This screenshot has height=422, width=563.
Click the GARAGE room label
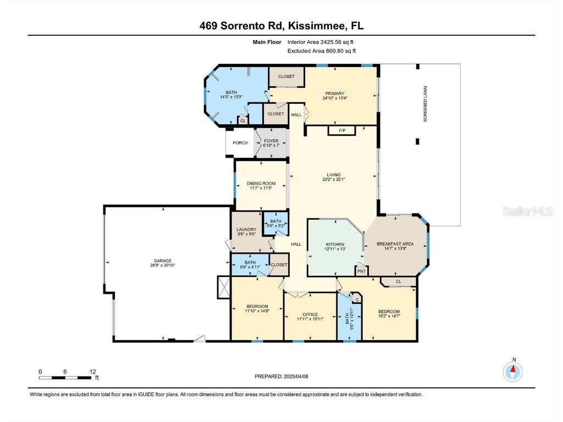click(163, 260)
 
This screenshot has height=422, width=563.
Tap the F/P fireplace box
click(341, 130)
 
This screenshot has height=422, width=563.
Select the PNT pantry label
click(361, 271)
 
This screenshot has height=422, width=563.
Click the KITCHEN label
click(335, 244)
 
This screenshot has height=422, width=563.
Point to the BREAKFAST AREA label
click(395, 243)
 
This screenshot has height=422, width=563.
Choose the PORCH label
click(240, 143)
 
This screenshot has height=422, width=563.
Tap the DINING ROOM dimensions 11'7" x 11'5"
click(261, 188)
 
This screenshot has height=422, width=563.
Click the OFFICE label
click(310, 314)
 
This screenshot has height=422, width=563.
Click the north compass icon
click(512, 372)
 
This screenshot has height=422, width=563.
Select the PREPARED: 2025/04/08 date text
click(285, 376)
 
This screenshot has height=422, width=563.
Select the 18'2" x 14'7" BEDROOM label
click(389, 314)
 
